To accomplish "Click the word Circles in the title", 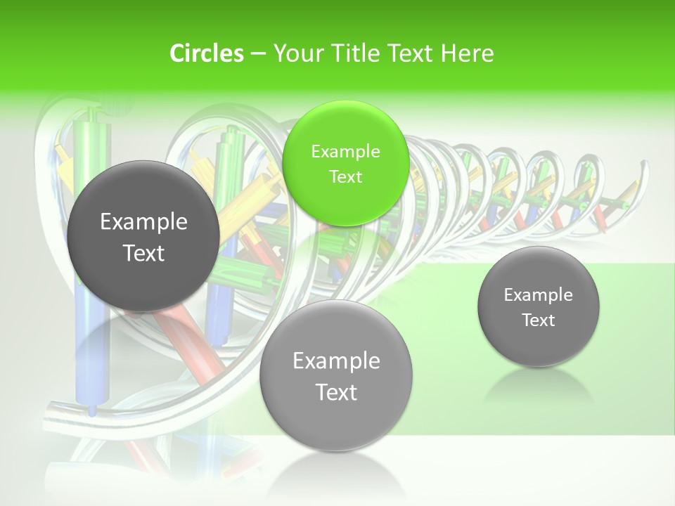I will [x=206, y=53].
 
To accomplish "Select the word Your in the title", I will [x=295, y=53].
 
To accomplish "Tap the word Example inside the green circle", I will [x=345, y=151].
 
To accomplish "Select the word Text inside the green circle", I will [x=345, y=176].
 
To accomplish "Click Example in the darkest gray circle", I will [x=143, y=221].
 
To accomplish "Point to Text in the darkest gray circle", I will [x=143, y=253].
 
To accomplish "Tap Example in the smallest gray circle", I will [x=538, y=294].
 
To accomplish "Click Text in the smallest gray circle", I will [x=538, y=320].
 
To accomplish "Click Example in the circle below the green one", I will [x=336, y=361].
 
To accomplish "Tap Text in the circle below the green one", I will [x=336, y=391].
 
